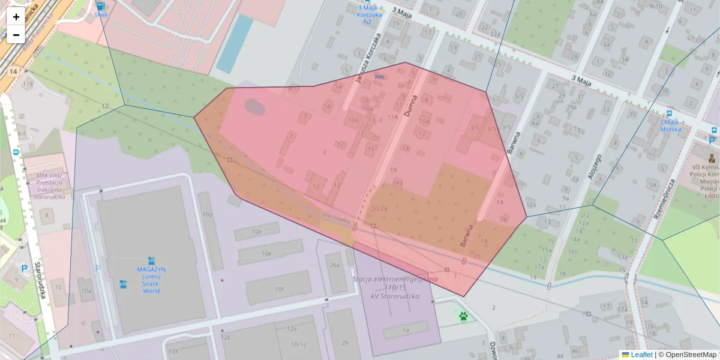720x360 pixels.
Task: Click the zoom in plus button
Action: [16, 17]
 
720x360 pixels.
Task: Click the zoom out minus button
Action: [16, 35]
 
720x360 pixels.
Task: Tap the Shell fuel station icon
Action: [99, 7]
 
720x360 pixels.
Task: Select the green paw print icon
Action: [464, 316]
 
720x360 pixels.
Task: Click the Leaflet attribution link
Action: [641, 355]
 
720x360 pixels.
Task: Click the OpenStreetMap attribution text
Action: [687, 355]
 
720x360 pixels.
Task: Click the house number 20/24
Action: [379, 208]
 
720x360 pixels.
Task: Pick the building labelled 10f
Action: [279, 289]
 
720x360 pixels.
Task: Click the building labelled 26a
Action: [334, 265]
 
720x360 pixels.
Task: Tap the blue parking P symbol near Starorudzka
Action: [25, 269]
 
